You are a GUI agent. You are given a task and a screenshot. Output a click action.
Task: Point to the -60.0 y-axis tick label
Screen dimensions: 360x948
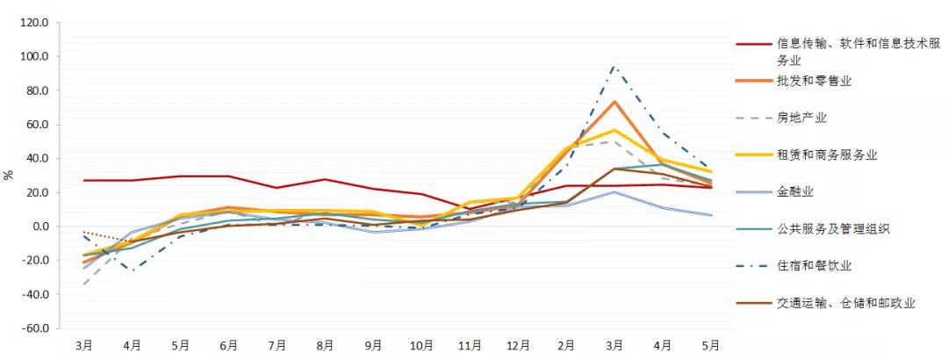tap(34, 328)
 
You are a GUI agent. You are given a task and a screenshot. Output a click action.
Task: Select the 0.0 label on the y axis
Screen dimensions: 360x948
tap(40, 227)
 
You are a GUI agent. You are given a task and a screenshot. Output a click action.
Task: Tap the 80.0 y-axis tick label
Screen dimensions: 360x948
tap(38, 90)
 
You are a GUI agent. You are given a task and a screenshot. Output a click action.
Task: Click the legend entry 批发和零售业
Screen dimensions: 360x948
tap(814, 81)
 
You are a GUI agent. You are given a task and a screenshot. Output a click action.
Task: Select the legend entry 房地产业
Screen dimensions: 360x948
tap(801, 118)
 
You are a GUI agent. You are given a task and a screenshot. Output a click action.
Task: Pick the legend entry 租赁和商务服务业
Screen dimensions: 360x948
tap(826, 155)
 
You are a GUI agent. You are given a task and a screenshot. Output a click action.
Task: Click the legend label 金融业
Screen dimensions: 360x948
tap(795, 191)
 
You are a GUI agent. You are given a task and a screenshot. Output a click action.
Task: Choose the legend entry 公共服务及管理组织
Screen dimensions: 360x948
tap(832, 228)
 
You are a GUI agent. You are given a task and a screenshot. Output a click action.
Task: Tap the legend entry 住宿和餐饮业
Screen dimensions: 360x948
tap(814, 265)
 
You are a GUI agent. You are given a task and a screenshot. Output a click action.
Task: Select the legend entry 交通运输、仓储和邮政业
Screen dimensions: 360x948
tap(844, 302)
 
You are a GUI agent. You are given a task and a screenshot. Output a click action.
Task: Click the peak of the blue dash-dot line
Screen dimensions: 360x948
tap(614, 67)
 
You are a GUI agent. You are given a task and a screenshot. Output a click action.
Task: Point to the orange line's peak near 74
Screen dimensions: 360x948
tap(614, 101)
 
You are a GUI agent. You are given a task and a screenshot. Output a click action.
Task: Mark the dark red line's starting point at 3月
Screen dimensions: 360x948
tap(85, 180)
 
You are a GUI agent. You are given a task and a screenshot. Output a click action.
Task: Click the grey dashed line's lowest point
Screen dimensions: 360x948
tap(85, 284)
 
